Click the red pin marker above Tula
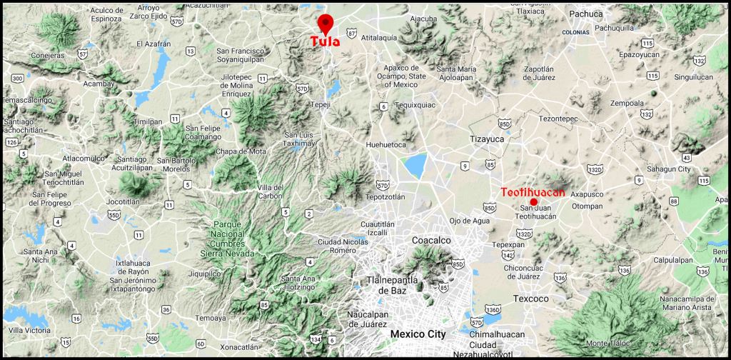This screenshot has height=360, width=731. click(x=326, y=24)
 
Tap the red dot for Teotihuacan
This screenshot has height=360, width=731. click(x=534, y=202)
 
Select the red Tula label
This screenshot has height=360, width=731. click(x=326, y=41)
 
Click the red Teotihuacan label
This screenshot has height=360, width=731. click(x=533, y=192)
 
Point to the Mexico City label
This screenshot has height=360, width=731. click(x=418, y=334)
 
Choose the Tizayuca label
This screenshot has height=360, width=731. click(x=486, y=139)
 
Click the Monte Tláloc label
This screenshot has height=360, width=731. click(x=611, y=344)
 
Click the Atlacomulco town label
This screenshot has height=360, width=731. click(x=84, y=158)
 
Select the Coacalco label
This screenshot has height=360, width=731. click(x=432, y=241)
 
